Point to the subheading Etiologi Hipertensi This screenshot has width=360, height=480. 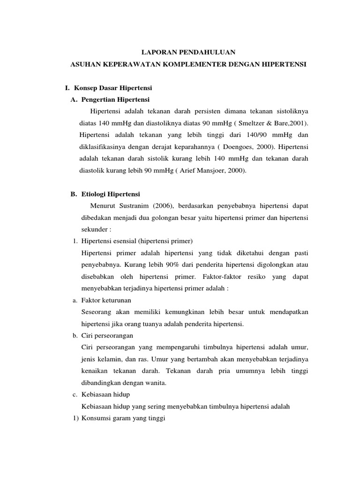(111, 194)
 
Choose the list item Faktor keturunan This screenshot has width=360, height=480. (106, 300)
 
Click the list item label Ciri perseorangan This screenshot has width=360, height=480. (107, 336)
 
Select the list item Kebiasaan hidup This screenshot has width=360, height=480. (105, 395)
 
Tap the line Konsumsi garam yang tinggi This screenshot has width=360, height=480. (124, 419)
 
